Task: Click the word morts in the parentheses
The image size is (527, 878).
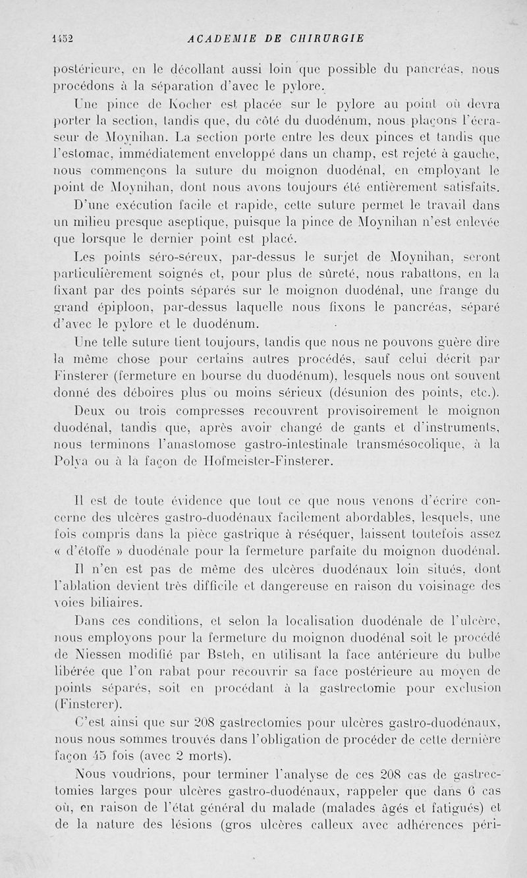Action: point(205,756)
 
